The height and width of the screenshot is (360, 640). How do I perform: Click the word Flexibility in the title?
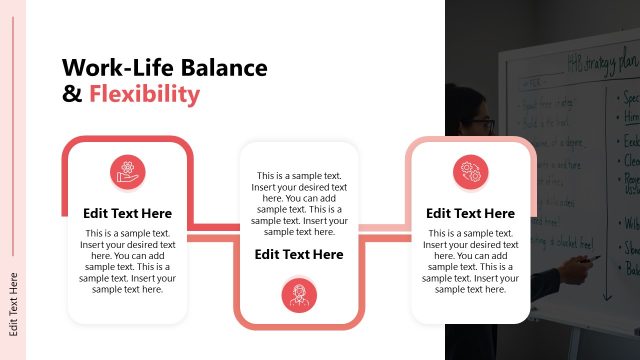tap(144, 95)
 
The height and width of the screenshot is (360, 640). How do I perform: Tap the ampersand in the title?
tap(71, 95)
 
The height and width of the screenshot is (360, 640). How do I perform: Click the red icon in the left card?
tap(127, 173)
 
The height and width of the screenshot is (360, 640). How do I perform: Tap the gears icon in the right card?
tap(470, 173)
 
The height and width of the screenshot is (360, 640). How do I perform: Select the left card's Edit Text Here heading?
tap(127, 213)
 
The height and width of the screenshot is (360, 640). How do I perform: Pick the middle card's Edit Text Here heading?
tap(298, 254)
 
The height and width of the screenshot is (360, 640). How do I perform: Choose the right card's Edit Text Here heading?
tap(470, 213)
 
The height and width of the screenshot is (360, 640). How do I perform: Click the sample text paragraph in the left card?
tap(127, 262)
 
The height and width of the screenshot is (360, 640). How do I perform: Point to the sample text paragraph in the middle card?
tap(298, 203)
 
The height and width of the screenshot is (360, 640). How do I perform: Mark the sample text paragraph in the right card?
tap(470, 262)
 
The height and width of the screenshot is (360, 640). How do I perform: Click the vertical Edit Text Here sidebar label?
tap(14, 301)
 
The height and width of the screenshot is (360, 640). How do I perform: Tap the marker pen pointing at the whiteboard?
tap(591, 258)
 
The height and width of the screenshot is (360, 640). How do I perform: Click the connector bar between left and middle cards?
tap(212, 232)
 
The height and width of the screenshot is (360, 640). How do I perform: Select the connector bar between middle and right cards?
tap(385, 233)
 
